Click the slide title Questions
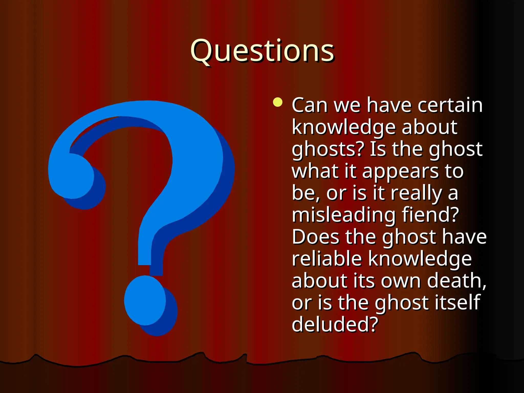click(x=262, y=51)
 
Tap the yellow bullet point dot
click(x=278, y=102)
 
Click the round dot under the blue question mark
click(x=145, y=301)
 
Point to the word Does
click(x=316, y=237)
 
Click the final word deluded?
click(x=335, y=324)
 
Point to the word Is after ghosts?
click(x=378, y=149)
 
